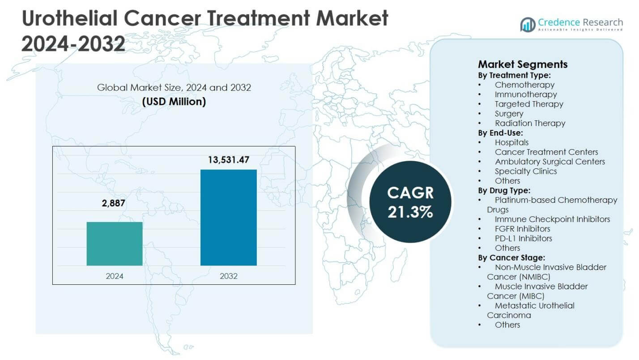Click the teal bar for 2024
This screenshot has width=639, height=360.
(x=115, y=244)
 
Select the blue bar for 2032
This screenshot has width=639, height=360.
(x=228, y=218)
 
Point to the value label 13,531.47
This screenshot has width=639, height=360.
(x=228, y=160)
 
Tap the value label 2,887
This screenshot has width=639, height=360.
(x=115, y=204)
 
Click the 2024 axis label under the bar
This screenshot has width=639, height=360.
(x=115, y=276)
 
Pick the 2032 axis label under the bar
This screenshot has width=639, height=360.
(x=228, y=276)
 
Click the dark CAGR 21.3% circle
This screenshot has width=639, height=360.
(x=410, y=202)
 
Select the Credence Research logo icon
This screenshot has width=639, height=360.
(x=528, y=24)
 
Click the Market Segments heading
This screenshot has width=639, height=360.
(x=523, y=64)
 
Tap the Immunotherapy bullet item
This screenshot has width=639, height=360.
(x=525, y=94)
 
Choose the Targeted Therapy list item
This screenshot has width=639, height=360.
(x=528, y=104)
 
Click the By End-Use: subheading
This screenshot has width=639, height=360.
(x=500, y=133)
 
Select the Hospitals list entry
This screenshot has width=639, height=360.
(x=511, y=142)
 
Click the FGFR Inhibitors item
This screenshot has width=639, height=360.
(x=522, y=229)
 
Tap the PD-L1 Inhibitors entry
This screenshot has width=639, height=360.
(x=523, y=238)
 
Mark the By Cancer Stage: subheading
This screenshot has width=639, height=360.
(x=511, y=257)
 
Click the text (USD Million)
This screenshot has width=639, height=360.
(x=174, y=102)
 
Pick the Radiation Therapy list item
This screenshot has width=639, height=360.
(x=530, y=123)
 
